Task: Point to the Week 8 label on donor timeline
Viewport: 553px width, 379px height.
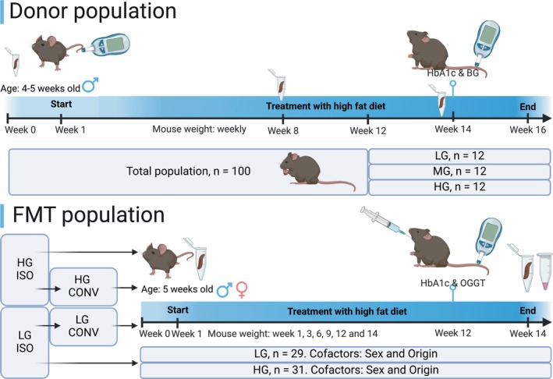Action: tap(282, 130)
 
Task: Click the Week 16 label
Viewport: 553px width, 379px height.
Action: tap(527, 130)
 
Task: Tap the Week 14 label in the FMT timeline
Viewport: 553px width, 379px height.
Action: tap(526, 333)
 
